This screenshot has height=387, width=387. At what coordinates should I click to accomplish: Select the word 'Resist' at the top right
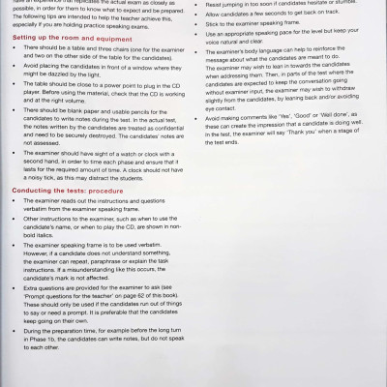pos(218,3)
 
